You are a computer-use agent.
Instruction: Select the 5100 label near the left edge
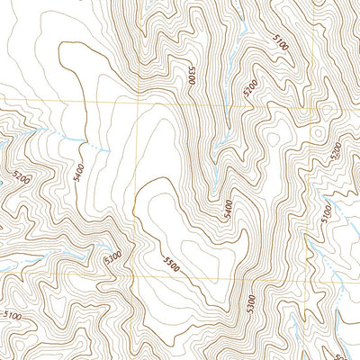click(12, 315)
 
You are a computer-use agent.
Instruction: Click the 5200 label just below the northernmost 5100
click(251, 86)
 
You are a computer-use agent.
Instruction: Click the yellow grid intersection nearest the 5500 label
click(137, 273)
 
